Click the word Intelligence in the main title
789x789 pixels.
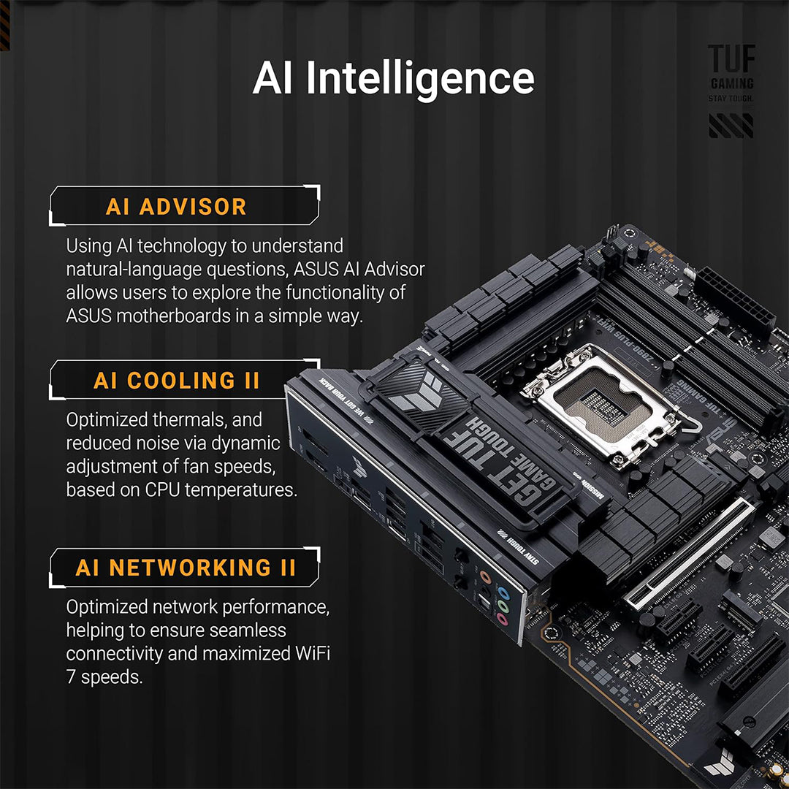click(x=419, y=78)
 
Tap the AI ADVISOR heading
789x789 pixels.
click(x=176, y=207)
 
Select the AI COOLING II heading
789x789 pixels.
click(x=176, y=381)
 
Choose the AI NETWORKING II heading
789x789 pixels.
click(x=186, y=568)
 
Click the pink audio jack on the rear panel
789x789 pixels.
click(x=502, y=620)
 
